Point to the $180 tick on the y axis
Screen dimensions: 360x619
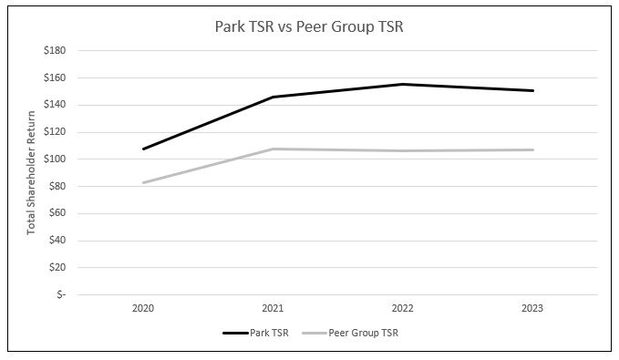54,51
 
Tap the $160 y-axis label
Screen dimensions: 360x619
54,78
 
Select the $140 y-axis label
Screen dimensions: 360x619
54,105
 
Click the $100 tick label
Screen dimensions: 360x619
54,159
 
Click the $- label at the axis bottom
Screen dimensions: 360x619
58,295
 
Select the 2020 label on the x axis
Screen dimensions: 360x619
143,309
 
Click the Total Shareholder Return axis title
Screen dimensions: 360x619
31,172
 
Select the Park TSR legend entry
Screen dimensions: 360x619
256,333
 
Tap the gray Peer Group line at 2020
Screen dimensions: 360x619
143,182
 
